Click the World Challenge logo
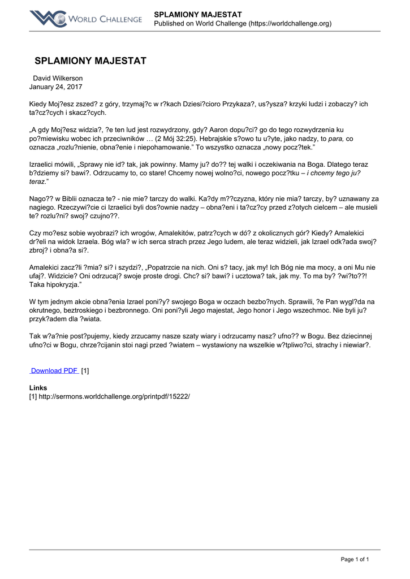click(85, 19)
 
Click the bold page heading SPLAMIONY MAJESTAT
click(90, 61)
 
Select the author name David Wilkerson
click(58, 78)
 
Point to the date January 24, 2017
click(56, 87)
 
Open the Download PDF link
click(54, 370)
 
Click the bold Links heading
click(38, 388)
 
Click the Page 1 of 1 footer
click(355, 559)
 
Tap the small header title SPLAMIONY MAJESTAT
click(198, 14)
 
